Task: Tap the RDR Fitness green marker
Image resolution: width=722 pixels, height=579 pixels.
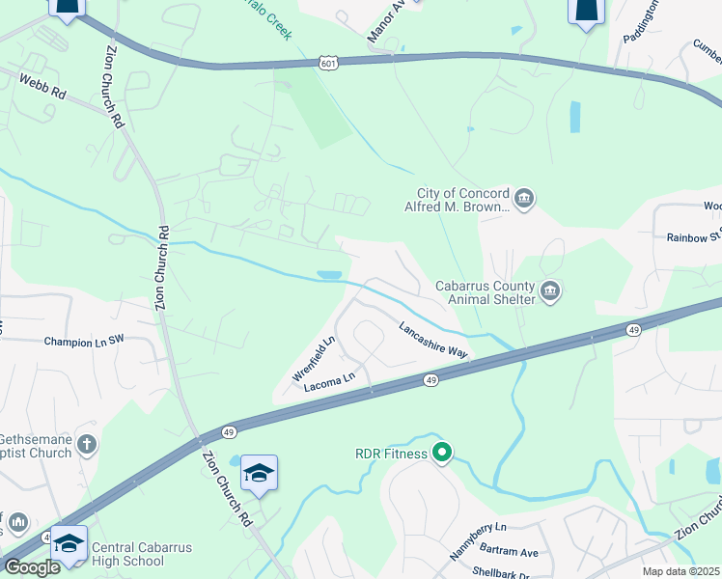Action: tap(442, 451)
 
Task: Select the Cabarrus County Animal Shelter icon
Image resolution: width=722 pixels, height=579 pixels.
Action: tap(550, 291)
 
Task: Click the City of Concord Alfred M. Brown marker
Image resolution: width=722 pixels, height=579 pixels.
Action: tap(523, 199)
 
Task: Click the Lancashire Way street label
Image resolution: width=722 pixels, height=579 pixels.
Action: tap(433, 340)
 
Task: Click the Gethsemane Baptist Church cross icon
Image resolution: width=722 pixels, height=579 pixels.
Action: tap(87, 445)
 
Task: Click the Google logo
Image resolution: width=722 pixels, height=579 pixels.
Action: tap(32, 566)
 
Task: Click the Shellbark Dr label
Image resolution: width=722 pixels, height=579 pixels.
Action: tap(500, 571)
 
